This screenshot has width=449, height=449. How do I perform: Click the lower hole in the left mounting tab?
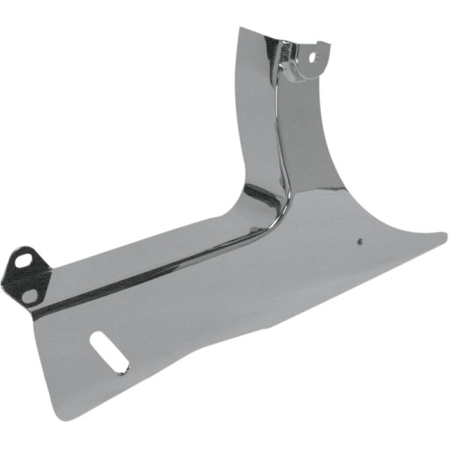(28, 294)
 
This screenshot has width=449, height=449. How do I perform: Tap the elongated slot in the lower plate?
(108, 354)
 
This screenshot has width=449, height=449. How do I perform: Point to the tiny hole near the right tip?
(360, 241)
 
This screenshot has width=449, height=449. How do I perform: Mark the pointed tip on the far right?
(446, 237)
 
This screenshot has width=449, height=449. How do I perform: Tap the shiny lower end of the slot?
(120, 367)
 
